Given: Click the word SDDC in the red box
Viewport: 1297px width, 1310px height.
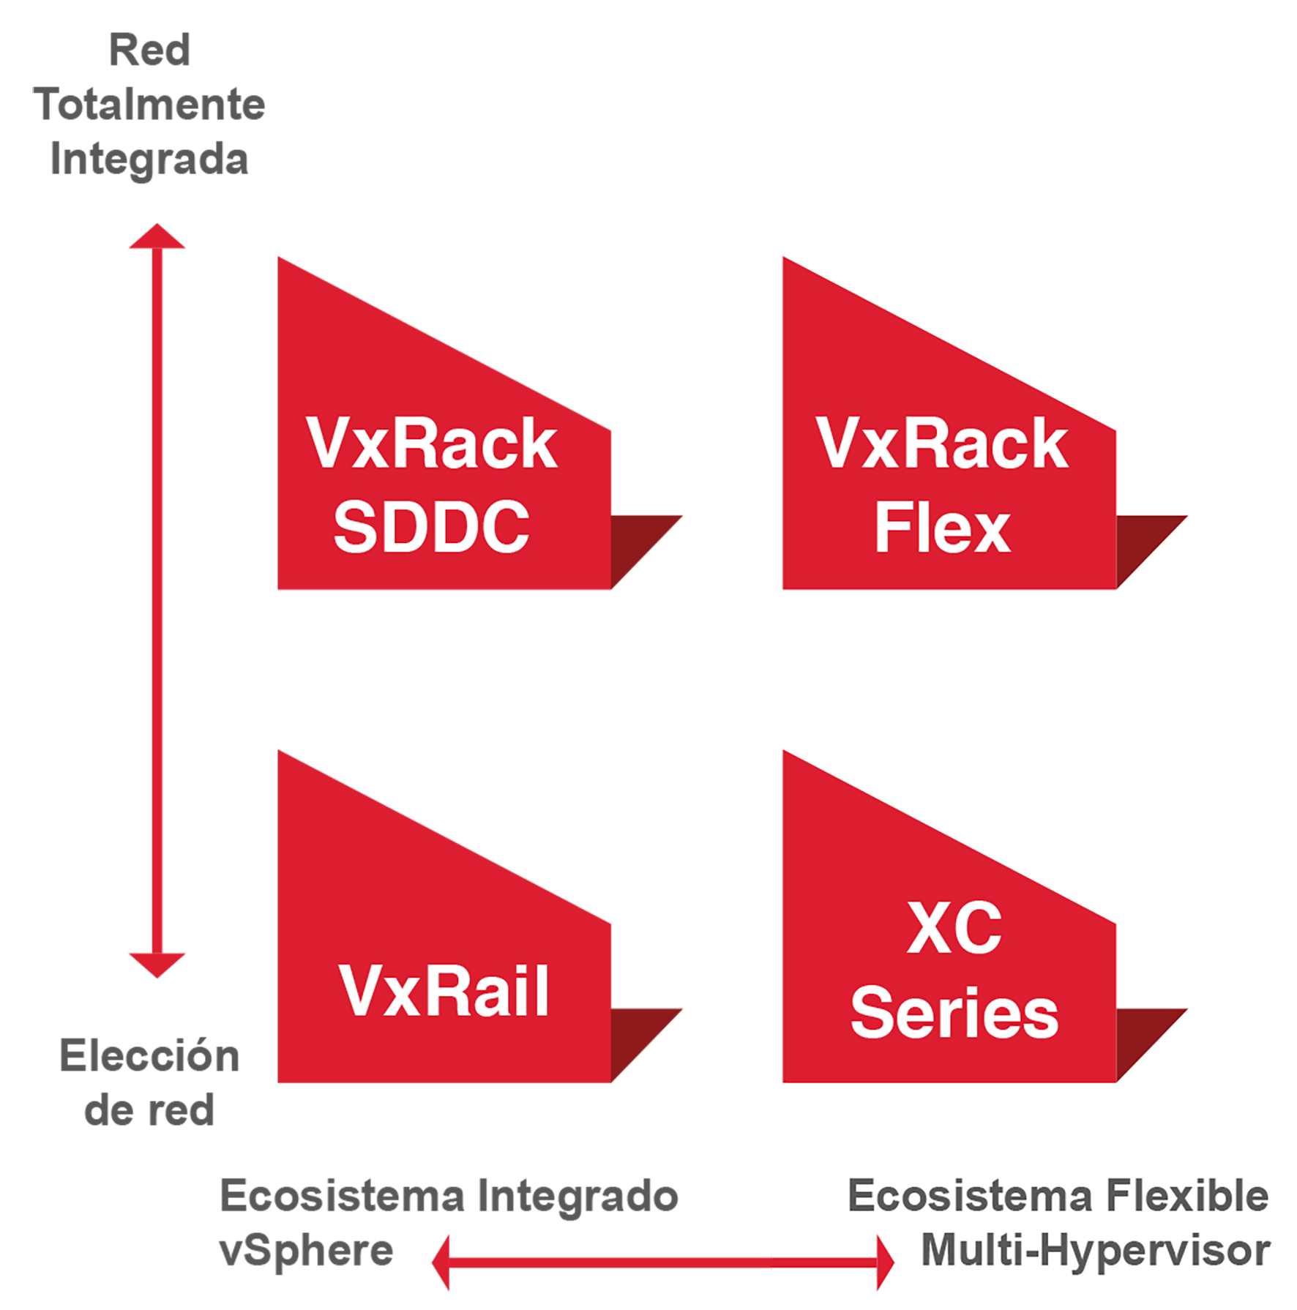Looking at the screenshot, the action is [431, 526].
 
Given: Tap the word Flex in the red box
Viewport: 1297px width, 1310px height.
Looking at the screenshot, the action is [943, 527].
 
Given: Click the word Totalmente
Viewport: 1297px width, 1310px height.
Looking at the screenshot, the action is [149, 104].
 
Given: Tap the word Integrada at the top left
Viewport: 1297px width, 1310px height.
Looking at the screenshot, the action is [149, 160].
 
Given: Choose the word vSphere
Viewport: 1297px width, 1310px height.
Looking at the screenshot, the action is [307, 1251].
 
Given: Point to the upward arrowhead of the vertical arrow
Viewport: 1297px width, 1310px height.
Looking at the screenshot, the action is [157, 236].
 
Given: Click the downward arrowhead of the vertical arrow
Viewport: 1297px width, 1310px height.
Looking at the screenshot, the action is [157, 965].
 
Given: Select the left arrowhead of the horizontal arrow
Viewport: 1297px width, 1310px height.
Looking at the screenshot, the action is [441, 1262].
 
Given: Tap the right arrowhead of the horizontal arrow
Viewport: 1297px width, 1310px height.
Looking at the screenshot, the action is [886, 1262].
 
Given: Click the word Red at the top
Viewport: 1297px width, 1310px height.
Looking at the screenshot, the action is [149, 50].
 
